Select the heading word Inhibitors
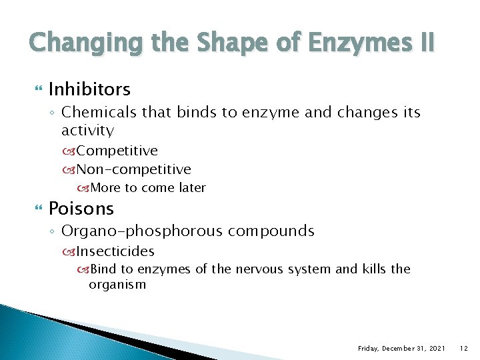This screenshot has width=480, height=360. coord(89,89)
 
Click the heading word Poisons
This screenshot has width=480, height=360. coord(81,209)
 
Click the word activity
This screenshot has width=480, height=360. coord(87,130)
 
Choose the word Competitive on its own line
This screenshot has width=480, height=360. coord(117,151)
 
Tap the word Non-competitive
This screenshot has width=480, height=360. coord(134,169)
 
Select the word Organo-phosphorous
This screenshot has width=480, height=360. coord(142,231)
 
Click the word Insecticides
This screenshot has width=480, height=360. coord(115,251)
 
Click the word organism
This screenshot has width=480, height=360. coord(117,285)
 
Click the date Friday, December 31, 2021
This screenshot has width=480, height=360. coord(401,348)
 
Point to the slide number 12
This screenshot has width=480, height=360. coord(464,348)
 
